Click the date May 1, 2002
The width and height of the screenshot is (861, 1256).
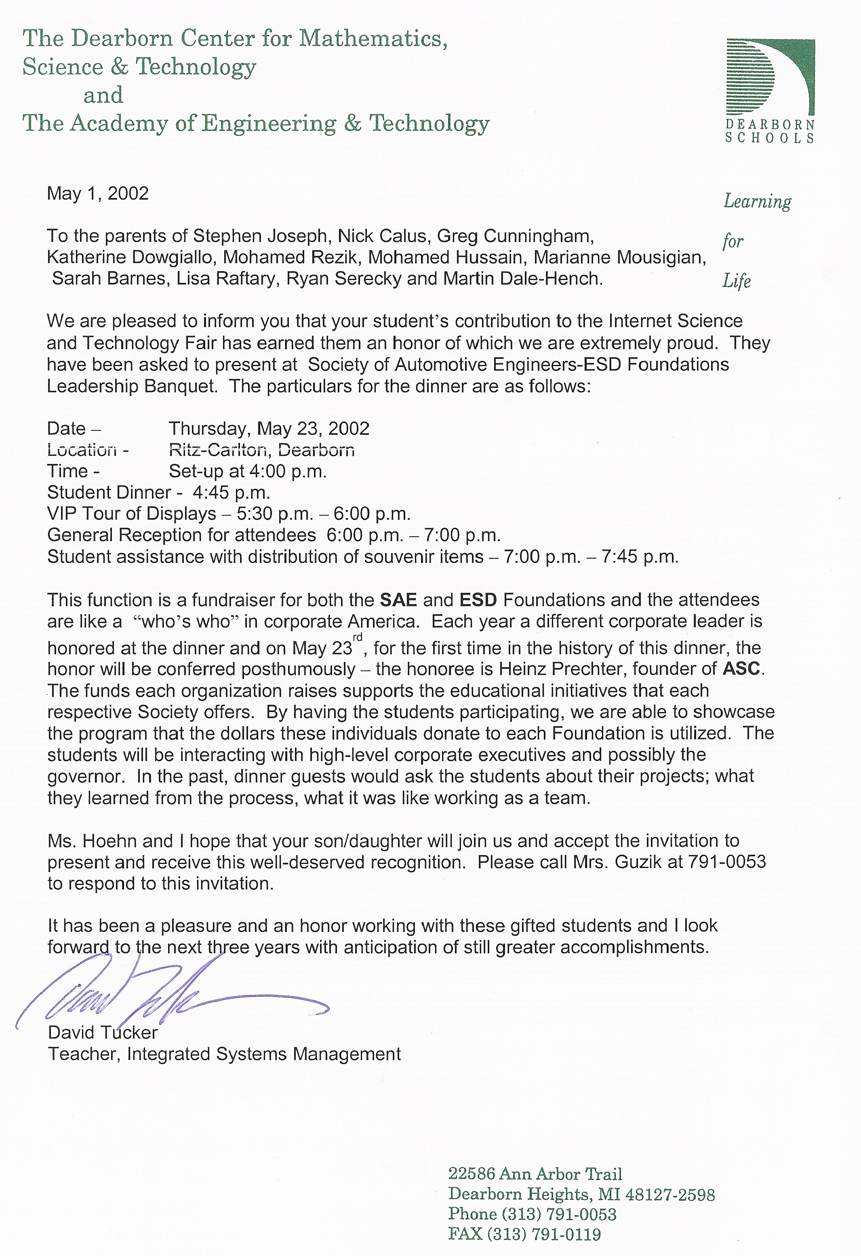(98, 194)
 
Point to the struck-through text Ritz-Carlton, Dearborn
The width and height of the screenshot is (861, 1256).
(261, 450)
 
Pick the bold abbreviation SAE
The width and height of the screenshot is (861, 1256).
(398, 600)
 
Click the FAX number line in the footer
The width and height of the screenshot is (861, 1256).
(524, 1234)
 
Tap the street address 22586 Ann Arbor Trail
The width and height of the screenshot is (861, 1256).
(535, 1174)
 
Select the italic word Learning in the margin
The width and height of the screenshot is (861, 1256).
(757, 202)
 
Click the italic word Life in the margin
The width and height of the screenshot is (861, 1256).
(737, 281)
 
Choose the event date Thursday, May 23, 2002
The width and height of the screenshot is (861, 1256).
(269, 429)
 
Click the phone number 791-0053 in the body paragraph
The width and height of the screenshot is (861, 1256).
(726, 862)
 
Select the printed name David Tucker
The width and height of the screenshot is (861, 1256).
(103, 1033)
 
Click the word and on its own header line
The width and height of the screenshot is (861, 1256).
(103, 95)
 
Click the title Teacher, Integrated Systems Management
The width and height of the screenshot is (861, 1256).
(224, 1054)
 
